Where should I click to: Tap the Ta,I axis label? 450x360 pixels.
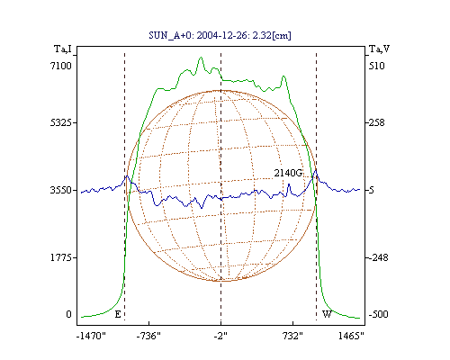tap(63, 49)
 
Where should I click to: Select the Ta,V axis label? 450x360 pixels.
tap(379, 49)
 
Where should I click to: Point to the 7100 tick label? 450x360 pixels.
tap(61, 66)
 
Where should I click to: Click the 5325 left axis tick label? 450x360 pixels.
tap(61, 122)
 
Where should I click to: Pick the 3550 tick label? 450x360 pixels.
tap(61, 190)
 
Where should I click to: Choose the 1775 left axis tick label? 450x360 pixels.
tap(61, 257)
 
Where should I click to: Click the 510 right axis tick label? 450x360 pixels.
tap(377, 66)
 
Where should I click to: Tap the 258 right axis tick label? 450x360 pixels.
tap(377, 122)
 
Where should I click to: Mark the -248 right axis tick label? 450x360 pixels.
tap(378, 257)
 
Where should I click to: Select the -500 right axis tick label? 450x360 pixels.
tap(378, 314)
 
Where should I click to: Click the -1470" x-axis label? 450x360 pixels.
tap(92, 336)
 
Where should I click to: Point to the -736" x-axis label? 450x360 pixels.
tap(148, 336)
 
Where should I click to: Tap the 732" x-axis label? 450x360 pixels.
tap(292, 336)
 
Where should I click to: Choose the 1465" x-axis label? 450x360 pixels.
tap(351, 336)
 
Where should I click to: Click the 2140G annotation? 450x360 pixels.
tap(288, 173)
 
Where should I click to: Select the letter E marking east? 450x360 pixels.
tap(118, 314)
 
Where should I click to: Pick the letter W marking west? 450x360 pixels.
tap(327, 314)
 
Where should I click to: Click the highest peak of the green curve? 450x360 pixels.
tap(201, 58)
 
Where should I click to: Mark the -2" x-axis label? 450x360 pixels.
tap(220, 336)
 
